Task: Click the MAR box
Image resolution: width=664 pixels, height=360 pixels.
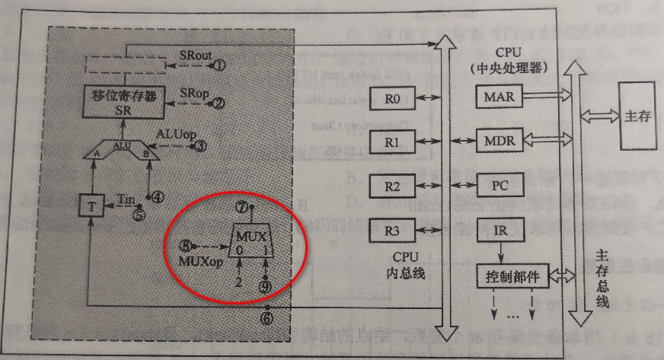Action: click(500, 97)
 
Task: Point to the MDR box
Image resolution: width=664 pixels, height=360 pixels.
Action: click(500, 141)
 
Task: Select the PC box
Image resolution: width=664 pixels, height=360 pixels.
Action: click(500, 184)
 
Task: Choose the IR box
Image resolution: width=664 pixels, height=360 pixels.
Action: click(500, 227)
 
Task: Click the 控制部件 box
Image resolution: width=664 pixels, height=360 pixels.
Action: click(512, 276)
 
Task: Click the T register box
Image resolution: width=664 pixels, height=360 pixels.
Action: click(90, 205)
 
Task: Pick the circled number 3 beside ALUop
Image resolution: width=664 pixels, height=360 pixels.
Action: click(200, 145)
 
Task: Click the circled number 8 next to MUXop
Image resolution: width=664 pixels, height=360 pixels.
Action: click(185, 246)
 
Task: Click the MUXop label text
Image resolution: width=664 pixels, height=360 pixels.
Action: click(200, 262)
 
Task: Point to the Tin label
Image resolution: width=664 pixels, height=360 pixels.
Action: click(126, 199)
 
